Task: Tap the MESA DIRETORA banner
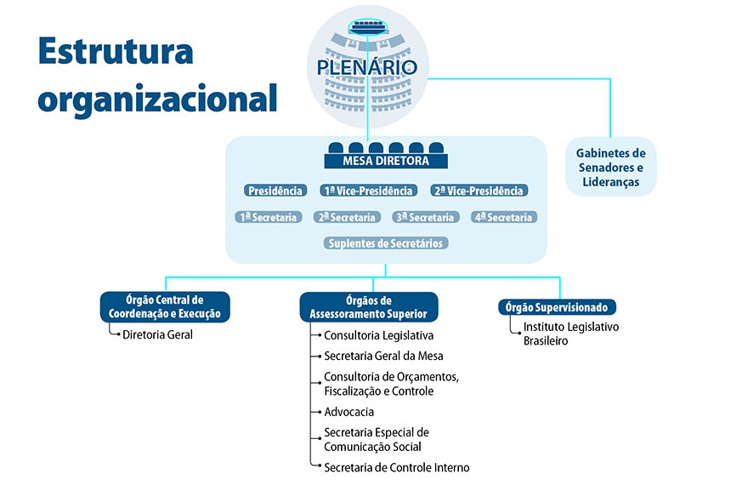click(386, 160)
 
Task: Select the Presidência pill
click(275, 191)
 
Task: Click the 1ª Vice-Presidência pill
click(369, 191)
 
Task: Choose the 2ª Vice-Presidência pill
click(478, 191)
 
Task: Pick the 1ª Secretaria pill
click(269, 217)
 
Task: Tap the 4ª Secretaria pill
click(503, 217)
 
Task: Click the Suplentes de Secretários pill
click(386, 243)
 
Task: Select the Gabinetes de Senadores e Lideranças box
click(610, 167)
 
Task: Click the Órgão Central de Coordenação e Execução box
click(165, 306)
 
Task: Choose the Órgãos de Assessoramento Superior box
click(368, 306)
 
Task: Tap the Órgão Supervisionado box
click(556, 307)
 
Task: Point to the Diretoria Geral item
click(157, 334)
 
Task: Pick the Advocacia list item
click(348, 412)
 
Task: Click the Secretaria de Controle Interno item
click(396, 467)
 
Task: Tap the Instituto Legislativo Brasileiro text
click(571, 334)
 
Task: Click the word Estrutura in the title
click(116, 52)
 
